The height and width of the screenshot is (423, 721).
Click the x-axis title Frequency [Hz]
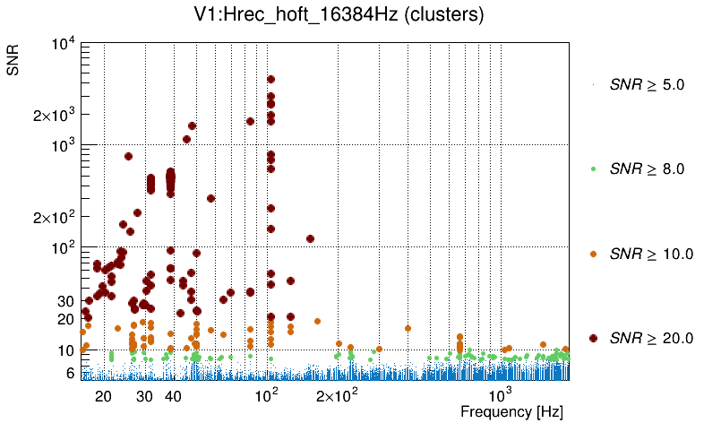click(x=511, y=412)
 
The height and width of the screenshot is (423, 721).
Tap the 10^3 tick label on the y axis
click(x=66, y=145)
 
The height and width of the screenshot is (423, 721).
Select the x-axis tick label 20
click(x=103, y=396)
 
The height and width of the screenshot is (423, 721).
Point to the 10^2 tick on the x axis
click(x=268, y=394)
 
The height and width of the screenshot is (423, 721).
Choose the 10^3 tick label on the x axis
click(x=500, y=394)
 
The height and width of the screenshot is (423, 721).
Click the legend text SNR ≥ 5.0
click(x=646, y=85)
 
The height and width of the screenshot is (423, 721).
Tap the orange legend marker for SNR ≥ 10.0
click(x=593, y=254)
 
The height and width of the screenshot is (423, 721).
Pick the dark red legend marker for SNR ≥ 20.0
click(x=593, y=338)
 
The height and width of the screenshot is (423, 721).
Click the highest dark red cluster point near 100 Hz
click(x=270, y=80)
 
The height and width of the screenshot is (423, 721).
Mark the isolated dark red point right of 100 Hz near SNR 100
click(x=310, y=238)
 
